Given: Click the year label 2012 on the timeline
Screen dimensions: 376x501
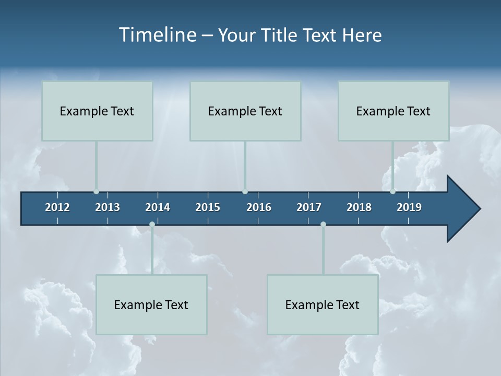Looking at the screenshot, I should pos(57,207).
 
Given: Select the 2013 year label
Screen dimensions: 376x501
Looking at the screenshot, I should pos(108,207).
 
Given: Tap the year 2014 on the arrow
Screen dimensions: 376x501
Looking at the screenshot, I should pos(158,207).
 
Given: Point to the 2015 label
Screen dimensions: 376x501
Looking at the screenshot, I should pos(208,207).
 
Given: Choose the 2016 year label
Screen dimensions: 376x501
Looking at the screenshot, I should pos(259,207).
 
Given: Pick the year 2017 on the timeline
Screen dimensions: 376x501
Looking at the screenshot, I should pos(309,207).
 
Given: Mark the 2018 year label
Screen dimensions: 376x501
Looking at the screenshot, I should pos(359,207).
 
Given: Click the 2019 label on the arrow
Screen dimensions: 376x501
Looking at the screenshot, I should pos(409,207).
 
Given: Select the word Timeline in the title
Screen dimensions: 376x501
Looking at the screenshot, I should pos(157,35).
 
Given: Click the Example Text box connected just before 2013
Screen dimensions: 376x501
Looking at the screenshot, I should pos(97,111).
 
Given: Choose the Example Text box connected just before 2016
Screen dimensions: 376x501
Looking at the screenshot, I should pos(245,111).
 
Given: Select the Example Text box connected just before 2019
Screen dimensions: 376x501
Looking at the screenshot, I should pos(393,111).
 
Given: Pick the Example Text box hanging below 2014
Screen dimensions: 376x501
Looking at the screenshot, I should pos(151,304).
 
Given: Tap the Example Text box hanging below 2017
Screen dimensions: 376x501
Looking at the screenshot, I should pos(323,304).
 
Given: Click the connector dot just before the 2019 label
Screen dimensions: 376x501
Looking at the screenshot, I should pos(392,192).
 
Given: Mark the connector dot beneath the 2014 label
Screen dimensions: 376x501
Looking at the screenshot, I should pos(152,224).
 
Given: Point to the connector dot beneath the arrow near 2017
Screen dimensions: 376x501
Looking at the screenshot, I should pos(323,224).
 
